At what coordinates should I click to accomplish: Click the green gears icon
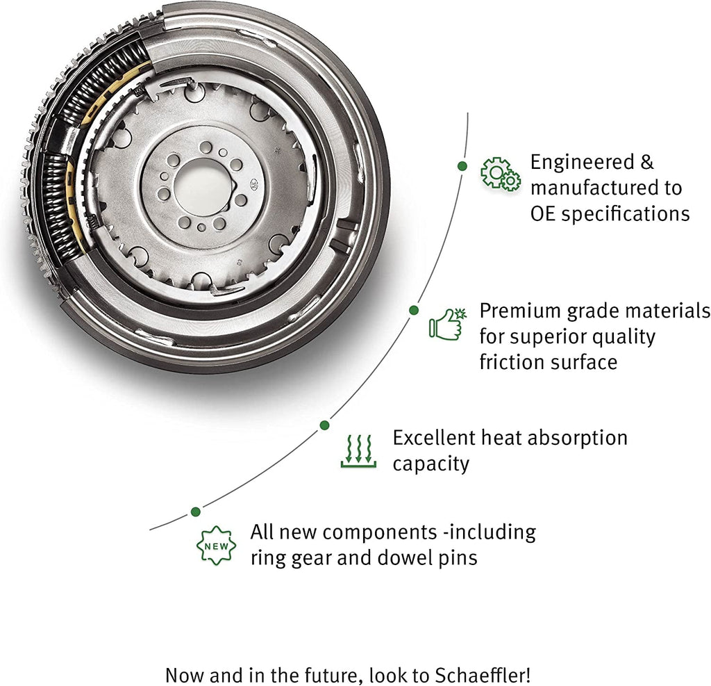point(501,174)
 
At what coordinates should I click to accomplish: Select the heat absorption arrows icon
point(358,450)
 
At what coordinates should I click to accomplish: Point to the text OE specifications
point(610,213)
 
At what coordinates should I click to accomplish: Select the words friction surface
point(549,362)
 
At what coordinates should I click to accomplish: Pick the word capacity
point(430,464)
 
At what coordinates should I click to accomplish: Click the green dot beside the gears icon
point(462,165)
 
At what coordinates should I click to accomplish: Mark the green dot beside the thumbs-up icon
point(414,310)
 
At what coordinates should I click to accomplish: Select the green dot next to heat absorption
point(324,424)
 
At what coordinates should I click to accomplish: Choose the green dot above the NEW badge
point(196,512)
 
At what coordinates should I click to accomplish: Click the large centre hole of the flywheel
point(201,186)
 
